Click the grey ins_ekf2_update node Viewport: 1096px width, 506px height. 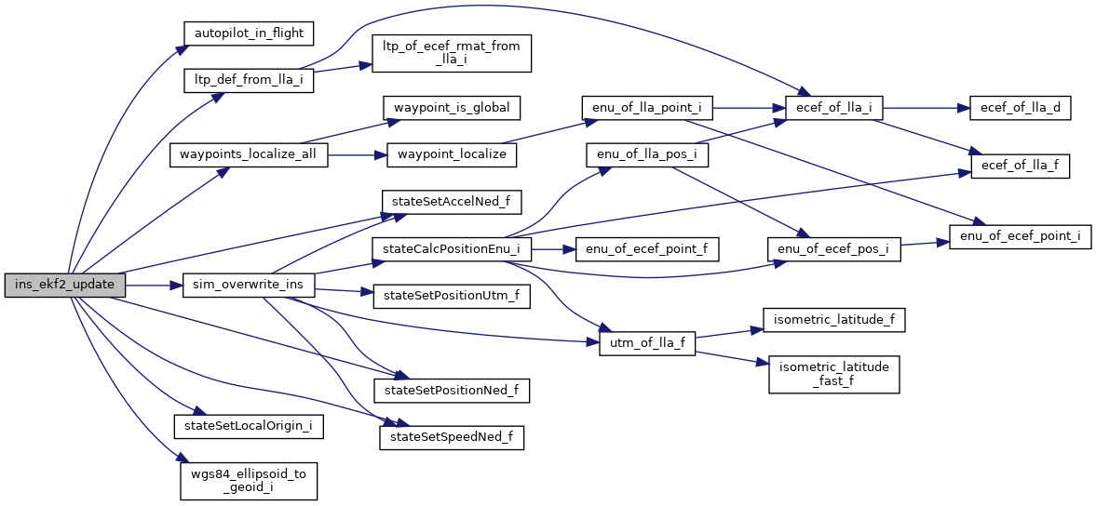coord(64,285)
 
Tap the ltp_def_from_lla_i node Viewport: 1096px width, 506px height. coord(248,80)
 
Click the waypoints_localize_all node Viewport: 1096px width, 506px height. coord(249,154)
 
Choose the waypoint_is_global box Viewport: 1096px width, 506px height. coord(451,107)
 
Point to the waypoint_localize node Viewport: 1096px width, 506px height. coord(452,153)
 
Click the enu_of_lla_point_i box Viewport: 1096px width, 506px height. coord(646,108)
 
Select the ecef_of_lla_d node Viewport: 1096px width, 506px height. coord(1020,108)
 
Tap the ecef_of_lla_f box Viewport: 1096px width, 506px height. coord(1020,166)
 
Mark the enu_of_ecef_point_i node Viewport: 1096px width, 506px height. coord(1020,236)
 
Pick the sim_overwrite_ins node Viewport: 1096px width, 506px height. coord(249,285)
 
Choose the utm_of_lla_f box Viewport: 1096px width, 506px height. coord(646,343)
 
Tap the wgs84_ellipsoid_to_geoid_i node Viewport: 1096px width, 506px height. coord(249,479)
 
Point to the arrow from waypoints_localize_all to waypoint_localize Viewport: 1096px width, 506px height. coord(358,154)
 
